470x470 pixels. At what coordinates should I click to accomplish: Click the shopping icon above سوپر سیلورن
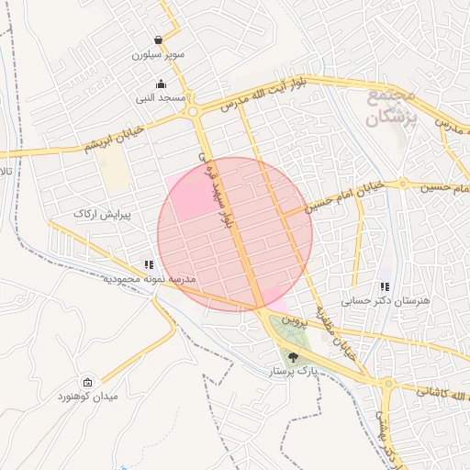point(160,40)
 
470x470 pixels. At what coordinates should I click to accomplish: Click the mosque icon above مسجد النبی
point(161,84)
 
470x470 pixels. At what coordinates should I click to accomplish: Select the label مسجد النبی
point(161,97)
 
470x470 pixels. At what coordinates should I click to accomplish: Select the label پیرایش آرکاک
point(103,213)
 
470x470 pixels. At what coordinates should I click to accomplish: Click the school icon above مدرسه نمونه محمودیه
point(150,264)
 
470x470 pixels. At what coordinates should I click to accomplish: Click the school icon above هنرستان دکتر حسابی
point(386,286)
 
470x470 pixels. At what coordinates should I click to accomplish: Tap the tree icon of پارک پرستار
point(293,357)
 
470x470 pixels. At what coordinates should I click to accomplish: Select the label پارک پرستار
point(293,372)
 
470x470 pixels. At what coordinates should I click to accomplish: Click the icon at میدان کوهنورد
point(87,382)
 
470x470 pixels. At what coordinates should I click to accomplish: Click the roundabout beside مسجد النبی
point(194,113)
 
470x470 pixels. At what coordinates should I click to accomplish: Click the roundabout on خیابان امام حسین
point(402,184)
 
